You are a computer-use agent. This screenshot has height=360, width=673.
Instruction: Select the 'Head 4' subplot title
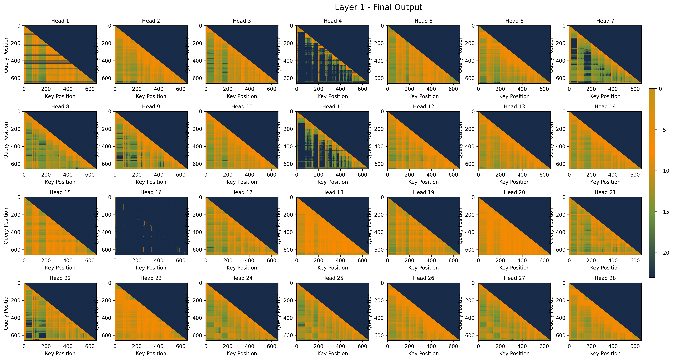click(x=333, y=21)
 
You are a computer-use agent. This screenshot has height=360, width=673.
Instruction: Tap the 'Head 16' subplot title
click(x=151, y=192)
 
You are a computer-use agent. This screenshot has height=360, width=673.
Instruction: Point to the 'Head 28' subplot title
click(x=605, y=278)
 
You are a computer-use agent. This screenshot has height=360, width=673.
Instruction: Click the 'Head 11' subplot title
click(x=333, y=107)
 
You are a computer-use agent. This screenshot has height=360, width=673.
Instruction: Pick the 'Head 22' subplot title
click(x=60, y=278)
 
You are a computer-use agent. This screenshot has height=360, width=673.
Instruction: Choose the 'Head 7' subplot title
click(x=605, y=21)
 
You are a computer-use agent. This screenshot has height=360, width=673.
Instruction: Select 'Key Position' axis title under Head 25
click(x=333, y=353)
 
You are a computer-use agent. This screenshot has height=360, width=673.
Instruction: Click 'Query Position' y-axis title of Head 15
click(x=6, y=226)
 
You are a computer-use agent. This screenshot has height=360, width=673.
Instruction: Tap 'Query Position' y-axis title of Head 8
click(x=6, y=140)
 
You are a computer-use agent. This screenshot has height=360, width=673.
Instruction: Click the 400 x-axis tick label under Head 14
click(x=613, y=175)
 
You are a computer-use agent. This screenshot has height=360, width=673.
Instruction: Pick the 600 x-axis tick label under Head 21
click(x=635, y=260)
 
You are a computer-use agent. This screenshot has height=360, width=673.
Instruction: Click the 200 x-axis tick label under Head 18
click(x=318, y=260)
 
